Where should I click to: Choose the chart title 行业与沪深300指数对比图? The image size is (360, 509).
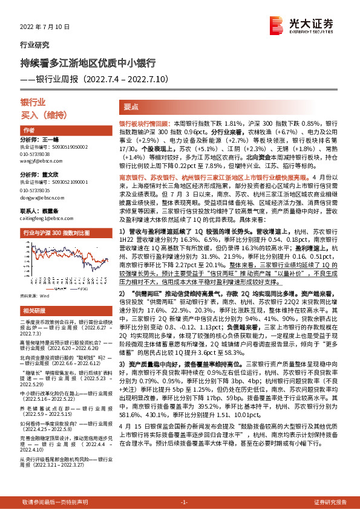(x=61, y=233)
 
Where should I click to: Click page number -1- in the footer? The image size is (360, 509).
(x=185, y=502)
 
